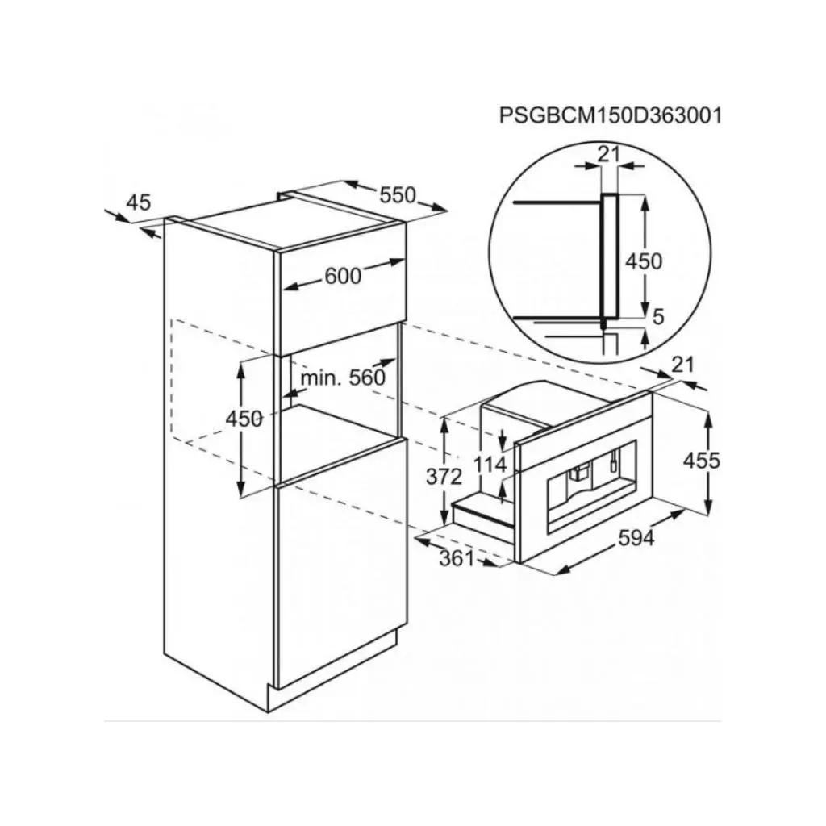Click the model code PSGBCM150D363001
coord(609,115)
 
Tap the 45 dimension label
coord(139,202)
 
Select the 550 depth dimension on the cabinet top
coord(398,195)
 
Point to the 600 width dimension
coord(343,275)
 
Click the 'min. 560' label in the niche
coord(343,378)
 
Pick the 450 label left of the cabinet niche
coord(244,419)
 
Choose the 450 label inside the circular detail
coord(644,261)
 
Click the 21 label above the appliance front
coord(682,364)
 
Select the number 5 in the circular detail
coord(657,317)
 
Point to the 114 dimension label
coord(490,465)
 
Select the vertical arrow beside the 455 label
coord(710,462)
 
